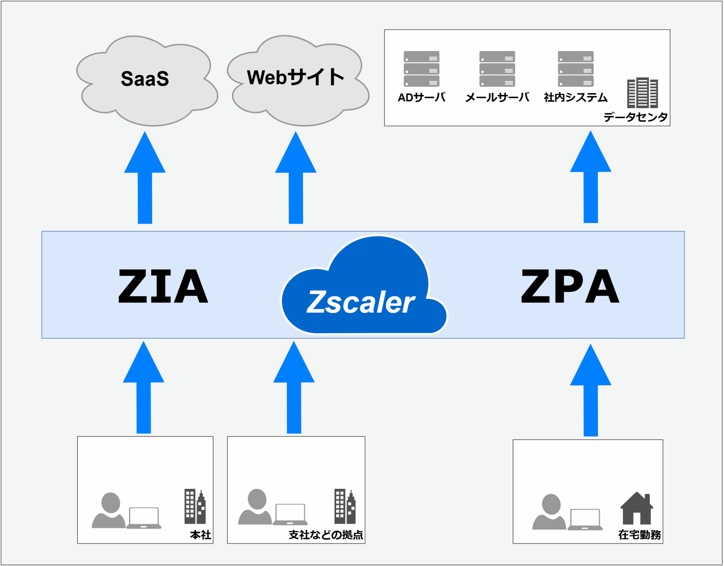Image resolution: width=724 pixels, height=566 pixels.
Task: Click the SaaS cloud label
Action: (145, 79)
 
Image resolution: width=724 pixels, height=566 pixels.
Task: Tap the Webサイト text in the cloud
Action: (295, 77)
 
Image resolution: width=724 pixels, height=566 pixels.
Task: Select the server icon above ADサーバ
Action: (421, 69)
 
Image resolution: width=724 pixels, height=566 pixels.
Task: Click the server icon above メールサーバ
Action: (497, 69)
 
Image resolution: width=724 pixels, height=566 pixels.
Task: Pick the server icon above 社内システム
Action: (576, 69)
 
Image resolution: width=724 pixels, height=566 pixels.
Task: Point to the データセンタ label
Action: (635, 117)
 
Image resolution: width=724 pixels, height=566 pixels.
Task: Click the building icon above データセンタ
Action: (643, 93)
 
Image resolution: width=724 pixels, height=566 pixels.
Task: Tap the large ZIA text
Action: (163, 286)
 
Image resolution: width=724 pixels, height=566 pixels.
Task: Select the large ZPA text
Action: (570, 286)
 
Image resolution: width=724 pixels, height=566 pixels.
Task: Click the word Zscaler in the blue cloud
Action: (361, 302)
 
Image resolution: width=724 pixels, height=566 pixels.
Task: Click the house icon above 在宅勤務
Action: (637, 508)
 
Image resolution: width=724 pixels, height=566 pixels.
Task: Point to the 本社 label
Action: (201, 535)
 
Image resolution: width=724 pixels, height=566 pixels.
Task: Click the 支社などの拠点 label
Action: (326, 535)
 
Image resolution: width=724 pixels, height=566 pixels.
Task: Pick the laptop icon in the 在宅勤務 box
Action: (585, 520)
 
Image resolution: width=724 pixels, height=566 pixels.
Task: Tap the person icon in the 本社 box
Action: (109, 510)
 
